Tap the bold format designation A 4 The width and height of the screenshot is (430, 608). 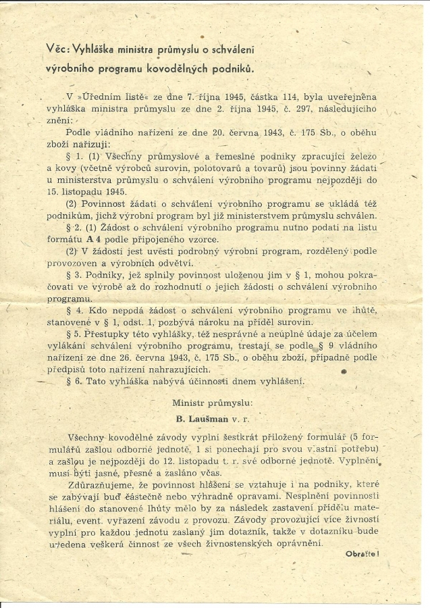coord(111,239)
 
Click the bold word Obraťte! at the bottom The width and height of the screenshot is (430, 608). coord(362,553)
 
